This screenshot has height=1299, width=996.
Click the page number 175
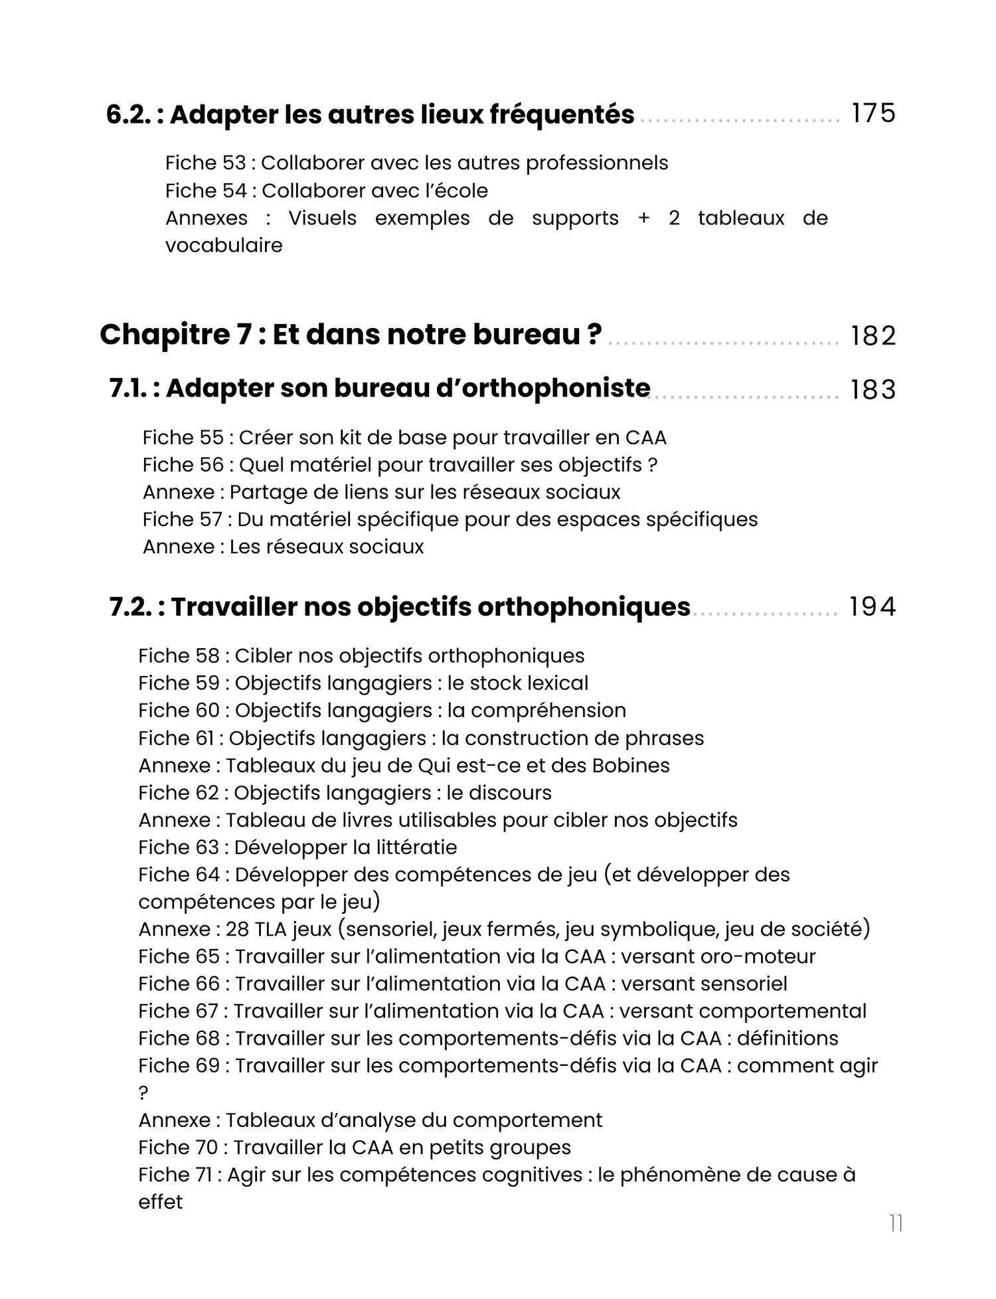[873, 114]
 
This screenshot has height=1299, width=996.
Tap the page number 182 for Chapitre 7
[873, 336]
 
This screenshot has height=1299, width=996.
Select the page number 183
[873, 390]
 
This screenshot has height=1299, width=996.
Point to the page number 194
[872, 607]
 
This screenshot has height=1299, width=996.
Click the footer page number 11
[896, 1223]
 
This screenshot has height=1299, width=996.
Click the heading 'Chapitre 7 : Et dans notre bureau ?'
[351, 335]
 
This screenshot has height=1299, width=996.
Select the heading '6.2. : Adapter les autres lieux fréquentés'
[370, 115]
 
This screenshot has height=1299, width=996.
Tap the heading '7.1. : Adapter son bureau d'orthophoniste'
[380, 389]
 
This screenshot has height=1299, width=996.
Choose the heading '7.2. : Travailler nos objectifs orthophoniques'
[400, 607]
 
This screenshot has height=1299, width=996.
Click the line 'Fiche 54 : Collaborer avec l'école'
[326, 191]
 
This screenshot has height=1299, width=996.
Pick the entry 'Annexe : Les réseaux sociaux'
[283, 547]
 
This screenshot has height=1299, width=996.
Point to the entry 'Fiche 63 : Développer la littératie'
[297, 847]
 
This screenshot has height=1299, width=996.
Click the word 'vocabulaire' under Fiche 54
[224, 245]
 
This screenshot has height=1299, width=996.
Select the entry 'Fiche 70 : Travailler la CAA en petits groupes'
[355, 1148]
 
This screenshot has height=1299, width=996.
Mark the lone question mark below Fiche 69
[143, 1093]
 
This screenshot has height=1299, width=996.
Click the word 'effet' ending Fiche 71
[160, 1202]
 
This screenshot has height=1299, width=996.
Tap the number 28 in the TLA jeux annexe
[236, 929]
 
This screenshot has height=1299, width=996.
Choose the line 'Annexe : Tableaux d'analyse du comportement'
[370, 1120]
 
